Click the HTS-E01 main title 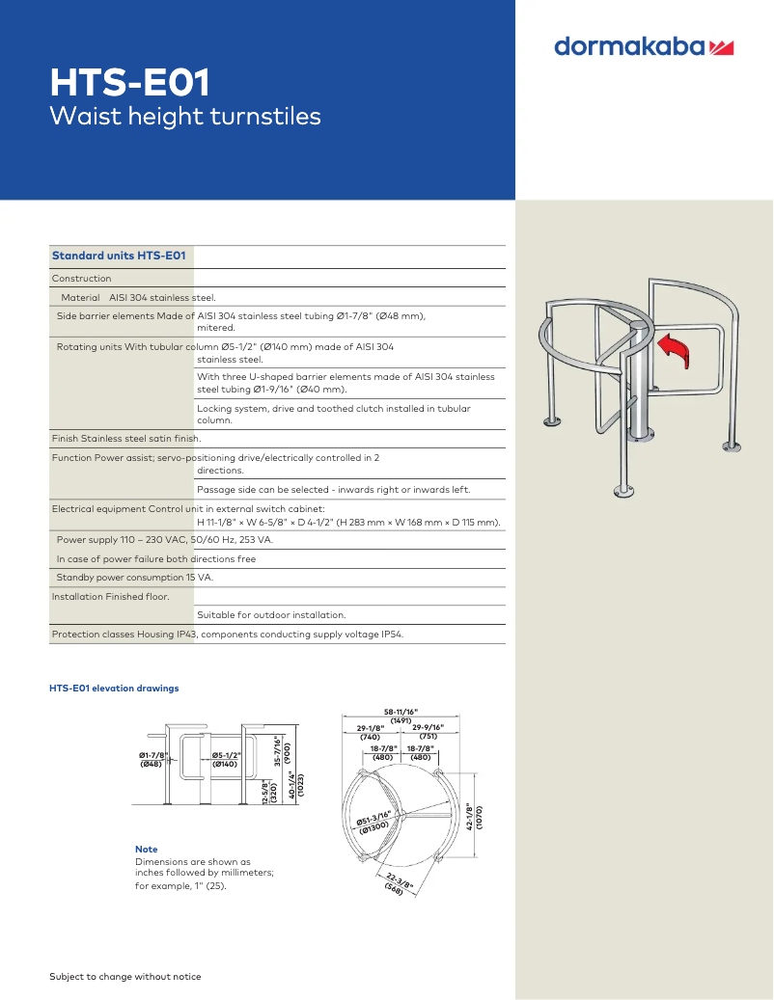point(129,83)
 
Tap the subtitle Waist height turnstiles point(184,117)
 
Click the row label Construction point(81,279)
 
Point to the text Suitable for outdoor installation point(271,614)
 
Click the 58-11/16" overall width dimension point(401,712)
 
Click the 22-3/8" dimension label point(398,882)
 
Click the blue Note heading point(146,850)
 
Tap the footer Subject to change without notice point(125,977)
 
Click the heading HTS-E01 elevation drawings point(114,689)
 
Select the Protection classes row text point(228,635)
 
